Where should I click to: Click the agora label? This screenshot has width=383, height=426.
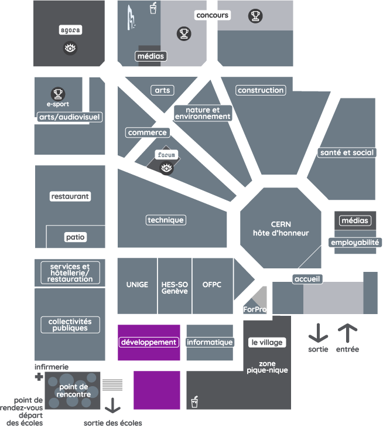pos(70,29)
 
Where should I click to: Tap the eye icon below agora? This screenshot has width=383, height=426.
pos(70,49)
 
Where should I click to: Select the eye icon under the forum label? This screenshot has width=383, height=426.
pos(167,169)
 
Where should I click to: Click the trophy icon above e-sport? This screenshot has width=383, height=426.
pos(57,93)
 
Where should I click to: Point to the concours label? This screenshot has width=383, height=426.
pos(213,15)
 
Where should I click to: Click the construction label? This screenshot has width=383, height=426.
pos(261,90)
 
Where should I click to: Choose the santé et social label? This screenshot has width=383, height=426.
pos(347,152)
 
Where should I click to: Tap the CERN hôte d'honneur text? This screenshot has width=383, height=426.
pos(281,229)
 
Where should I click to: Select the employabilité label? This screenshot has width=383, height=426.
pos(355,243)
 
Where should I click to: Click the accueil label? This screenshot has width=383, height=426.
pos(307,279)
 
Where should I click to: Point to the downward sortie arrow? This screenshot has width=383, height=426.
pos(318,333)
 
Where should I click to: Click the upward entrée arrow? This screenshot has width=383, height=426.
pos(347,333)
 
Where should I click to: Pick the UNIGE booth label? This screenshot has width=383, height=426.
pos(137,285)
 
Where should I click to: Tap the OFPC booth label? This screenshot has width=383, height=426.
pos(211,285)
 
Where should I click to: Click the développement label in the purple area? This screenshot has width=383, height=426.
pos(149,342)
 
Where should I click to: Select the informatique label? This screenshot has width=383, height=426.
pos(210,342)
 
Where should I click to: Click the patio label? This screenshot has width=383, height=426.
pos(76,237)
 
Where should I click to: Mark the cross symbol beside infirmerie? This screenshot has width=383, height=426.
pos(39,377)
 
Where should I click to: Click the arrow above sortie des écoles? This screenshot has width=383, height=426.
pos(112,406)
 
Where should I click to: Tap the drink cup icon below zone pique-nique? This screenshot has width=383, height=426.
pos(194,402)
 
